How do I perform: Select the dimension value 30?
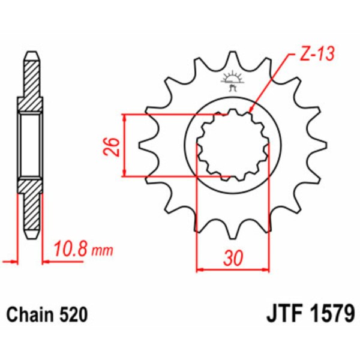[x=233, y=259]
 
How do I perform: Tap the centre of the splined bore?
[x=232, y=145]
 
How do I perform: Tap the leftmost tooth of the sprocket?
[x=144, y=145]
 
